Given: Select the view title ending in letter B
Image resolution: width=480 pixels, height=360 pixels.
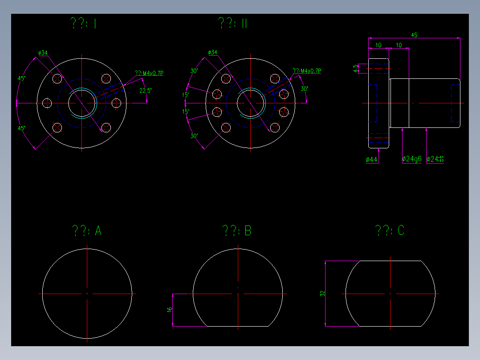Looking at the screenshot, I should click(237, 231).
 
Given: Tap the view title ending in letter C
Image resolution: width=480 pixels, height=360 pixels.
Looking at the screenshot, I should click(390, 231).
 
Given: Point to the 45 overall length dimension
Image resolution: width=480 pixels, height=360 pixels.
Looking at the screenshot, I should click(414, 35).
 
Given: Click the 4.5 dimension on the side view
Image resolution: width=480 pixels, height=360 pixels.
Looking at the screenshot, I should click(355, 68).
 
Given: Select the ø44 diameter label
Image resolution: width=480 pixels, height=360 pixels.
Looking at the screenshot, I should click(371, 160).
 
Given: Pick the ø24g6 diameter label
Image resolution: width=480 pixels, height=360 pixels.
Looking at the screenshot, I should click(411, 159).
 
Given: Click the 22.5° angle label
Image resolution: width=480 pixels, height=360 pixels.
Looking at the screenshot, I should click(145, 90).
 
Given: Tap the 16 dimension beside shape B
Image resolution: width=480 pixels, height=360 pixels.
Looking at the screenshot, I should click(170, 310).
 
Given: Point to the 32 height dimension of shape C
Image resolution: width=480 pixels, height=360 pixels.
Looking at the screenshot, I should click(323, 294).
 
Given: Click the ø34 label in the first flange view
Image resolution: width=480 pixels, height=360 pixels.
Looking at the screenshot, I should click(43, 53).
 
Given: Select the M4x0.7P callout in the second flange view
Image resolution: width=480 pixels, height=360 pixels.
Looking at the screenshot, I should click(307, 71).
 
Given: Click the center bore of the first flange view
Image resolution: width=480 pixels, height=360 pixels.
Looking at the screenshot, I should click(81, 103).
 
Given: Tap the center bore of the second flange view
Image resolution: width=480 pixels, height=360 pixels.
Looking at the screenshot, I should click(250, 103).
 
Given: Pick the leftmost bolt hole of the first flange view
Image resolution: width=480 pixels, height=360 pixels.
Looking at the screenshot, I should click(47, 103).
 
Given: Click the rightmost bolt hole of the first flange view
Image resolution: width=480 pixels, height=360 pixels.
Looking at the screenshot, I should click(117, 103).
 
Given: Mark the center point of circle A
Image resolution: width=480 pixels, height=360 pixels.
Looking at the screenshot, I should click(87, 294).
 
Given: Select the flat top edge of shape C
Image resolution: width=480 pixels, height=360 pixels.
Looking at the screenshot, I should click(390, 261).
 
